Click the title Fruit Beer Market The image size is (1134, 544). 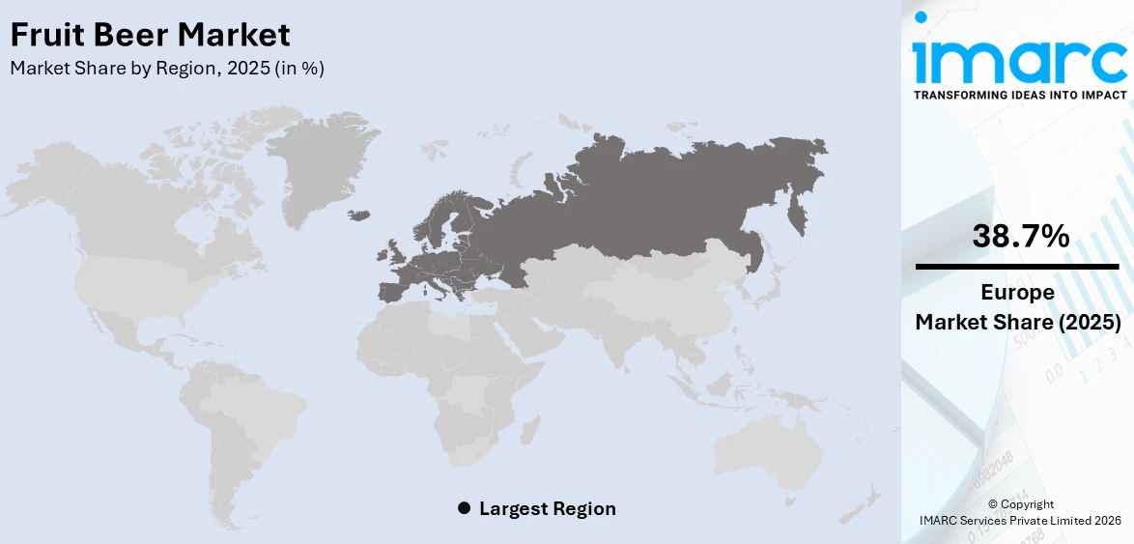point(150,36)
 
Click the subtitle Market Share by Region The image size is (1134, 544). point(167,69)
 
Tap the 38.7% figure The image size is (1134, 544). point(1020,235)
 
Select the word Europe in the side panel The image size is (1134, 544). point(1018,293)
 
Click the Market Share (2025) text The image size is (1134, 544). point(1018,322)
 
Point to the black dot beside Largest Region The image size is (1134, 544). point(464,508)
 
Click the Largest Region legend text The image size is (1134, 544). point(547,508)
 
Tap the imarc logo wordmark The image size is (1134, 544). point(1019,60)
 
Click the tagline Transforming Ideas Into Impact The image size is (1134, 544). point(1019,95)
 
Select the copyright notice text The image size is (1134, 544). point(1020,512)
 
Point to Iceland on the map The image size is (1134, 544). point(359,215)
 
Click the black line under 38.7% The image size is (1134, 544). point(1018,266)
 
